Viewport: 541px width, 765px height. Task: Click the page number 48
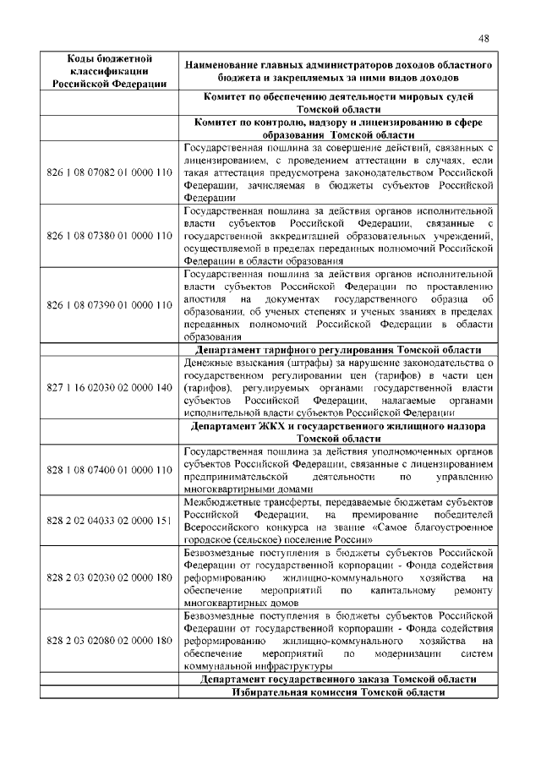[x=484, y=38]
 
